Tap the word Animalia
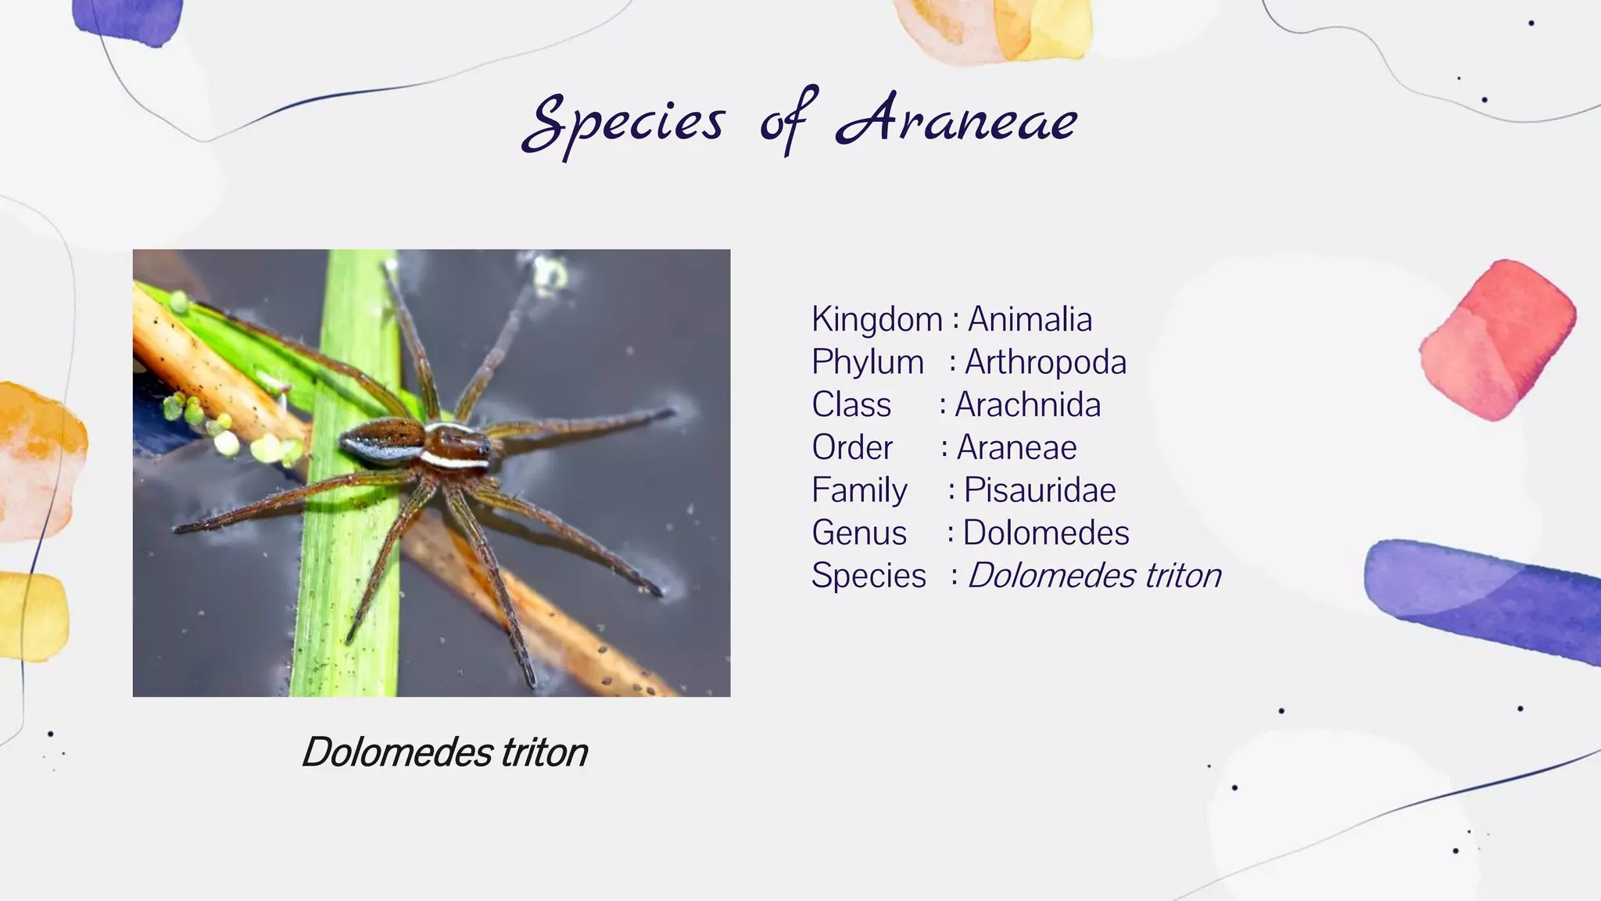pos(1030,319)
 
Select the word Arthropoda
pos(1045,362)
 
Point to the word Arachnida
pos(1027,405)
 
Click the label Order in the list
pos(851,448)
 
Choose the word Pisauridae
pos(1039,490)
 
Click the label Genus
pos(858,533)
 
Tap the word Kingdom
pos(876,319)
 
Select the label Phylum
pos(867,362)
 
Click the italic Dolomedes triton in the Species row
pos(1094,576)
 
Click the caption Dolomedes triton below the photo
pos(444,752)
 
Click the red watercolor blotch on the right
pos(1497,340)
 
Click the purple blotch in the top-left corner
pos(129,20)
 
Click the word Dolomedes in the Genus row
pos(1045,533)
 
